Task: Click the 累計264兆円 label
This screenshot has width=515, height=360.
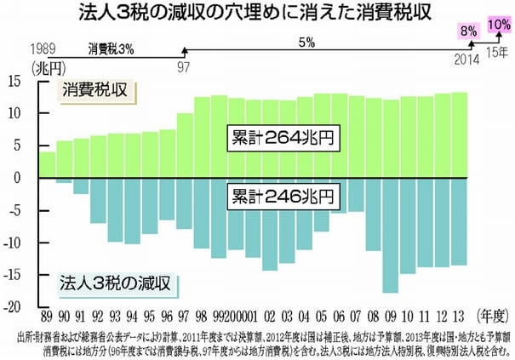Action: [x=278, y=137]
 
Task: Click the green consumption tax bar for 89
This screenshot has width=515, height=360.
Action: [x=48, y=165]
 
